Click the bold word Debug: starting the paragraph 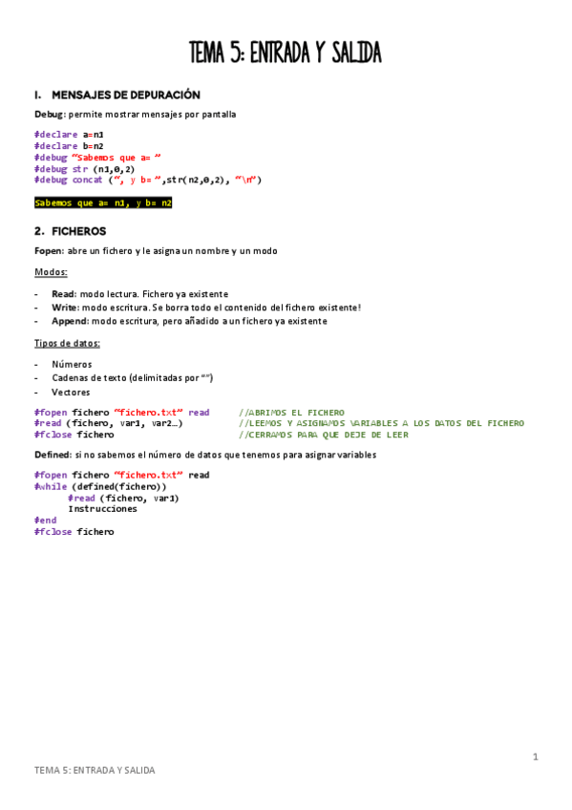(49, 115)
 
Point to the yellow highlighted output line (103, 202)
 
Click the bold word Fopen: (49, 250)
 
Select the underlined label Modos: (51, 272)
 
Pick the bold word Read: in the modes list (63, 294)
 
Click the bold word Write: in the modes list (65, 308)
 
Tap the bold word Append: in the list (70, 321)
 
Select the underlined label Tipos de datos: (67, 343)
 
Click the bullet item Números (72, 364)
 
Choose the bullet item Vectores (71, 392)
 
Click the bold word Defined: (53, 455)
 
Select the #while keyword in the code (51, 486)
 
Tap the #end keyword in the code (45, 521)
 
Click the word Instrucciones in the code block (102, 509)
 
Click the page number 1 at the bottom (536, 757)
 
